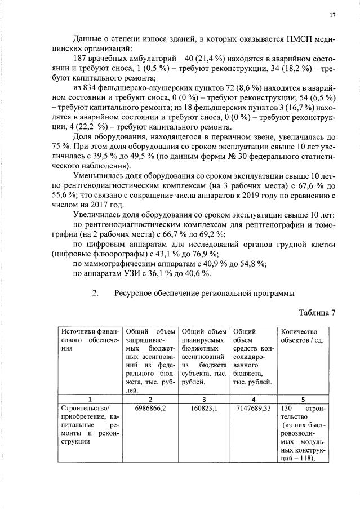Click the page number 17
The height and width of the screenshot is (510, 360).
pos(332,15)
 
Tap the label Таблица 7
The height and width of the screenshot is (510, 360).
pos(316,313)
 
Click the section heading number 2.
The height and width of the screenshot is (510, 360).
pos(95,292)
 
